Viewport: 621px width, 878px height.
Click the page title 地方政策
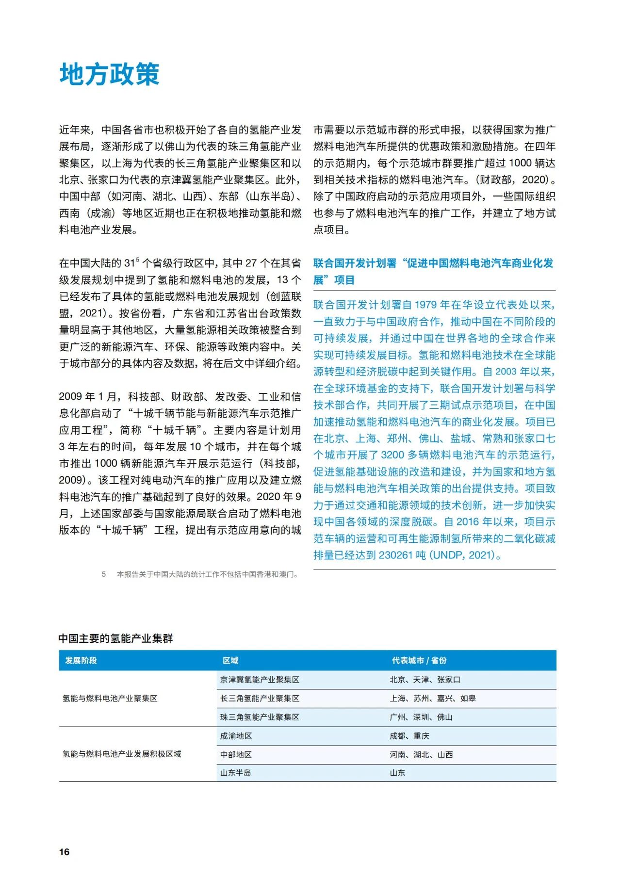click(x=110, y=74)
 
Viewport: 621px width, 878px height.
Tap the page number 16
click(x=64, y=852)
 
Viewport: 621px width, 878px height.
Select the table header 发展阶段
click(x=81, y=660)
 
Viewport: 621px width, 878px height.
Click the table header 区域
click(x=230, y=660)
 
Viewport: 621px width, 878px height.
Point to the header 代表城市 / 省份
click(x=419, y=660)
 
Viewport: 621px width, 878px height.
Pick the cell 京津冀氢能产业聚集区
click(x=260, y=680)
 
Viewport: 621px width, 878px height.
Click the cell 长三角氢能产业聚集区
click(x=260, y=698)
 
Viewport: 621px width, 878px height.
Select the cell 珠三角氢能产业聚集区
click(x=260, y=717)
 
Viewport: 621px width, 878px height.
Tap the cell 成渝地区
click(x=236, y=736)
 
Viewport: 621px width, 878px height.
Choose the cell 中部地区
click(x=236, y=754)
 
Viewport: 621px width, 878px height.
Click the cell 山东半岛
click(x=236, y=773)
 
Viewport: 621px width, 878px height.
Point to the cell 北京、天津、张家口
click(x=425, y=680)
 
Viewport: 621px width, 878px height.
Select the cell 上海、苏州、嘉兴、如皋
click(x=433, y=698)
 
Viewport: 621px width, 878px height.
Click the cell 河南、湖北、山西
click(x=421, y=754)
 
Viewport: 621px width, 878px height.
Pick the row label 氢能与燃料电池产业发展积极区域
click(x=122, y=754)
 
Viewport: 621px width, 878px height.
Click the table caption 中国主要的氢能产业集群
click(x=115, y=638)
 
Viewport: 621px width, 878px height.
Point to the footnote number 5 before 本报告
click(x=104, y=574)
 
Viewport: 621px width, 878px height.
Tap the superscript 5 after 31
click(x=138, y=260)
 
